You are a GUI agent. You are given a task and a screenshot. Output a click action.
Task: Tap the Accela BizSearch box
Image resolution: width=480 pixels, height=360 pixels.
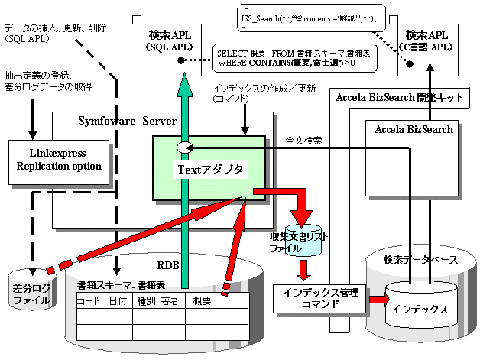click(414, 131)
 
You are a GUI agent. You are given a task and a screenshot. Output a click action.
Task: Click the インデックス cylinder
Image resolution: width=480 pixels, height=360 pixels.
click(417, 310)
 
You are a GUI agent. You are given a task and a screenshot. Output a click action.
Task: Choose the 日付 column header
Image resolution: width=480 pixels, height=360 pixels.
click(118, 301)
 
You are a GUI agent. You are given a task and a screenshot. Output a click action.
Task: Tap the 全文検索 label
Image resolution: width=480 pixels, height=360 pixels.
click(304, 141)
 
